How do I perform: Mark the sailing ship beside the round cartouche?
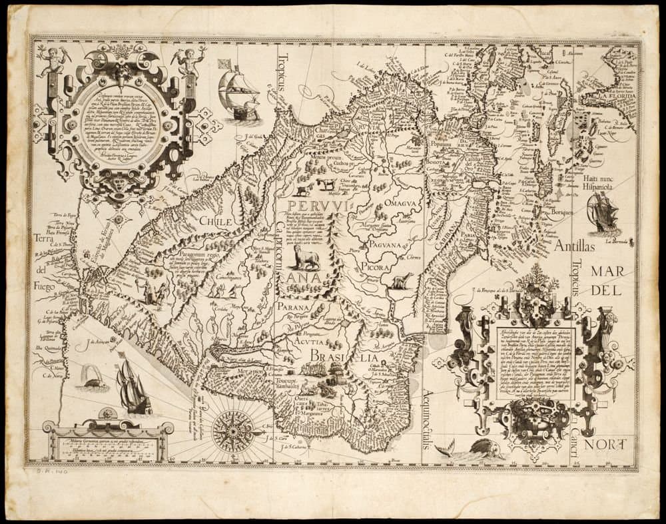pyautogui.click(x=238, y=93)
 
